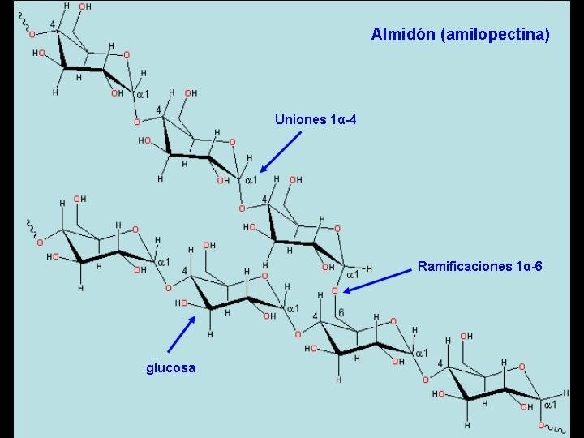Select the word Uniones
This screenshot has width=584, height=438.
click(300, 120)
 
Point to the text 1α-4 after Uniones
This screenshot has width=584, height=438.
click(343, 120)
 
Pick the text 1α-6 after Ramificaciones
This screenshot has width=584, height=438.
click(527, 266)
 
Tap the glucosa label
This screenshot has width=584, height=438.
click(170, 368)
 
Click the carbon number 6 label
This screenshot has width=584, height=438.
click(341, 313)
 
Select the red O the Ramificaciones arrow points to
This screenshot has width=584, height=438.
click(334, 290)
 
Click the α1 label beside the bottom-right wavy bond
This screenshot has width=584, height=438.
click(549, 403)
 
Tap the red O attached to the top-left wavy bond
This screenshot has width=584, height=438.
click(33, 35)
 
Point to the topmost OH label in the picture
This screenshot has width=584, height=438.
click(84, 7)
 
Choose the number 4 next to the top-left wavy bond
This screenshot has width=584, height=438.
click(53, 24)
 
